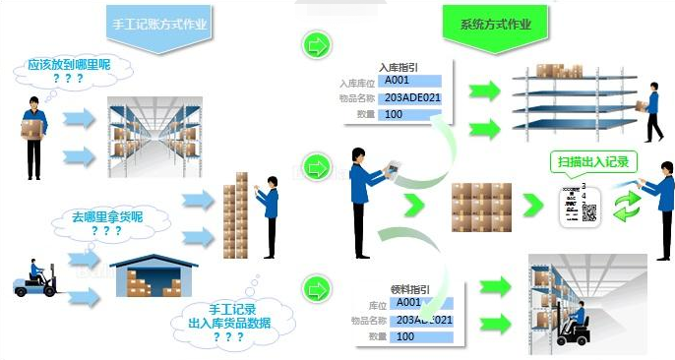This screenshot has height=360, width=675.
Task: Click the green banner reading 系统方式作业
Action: (x=504, y=22)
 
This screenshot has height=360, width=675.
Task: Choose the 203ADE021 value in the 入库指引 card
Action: (x=412, y=97)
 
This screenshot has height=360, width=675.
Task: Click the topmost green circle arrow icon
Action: (x=316, y=45)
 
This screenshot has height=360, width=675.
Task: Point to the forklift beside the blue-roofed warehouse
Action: (x=35, y=280)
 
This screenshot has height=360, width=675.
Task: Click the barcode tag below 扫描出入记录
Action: (x=579, y=203)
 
